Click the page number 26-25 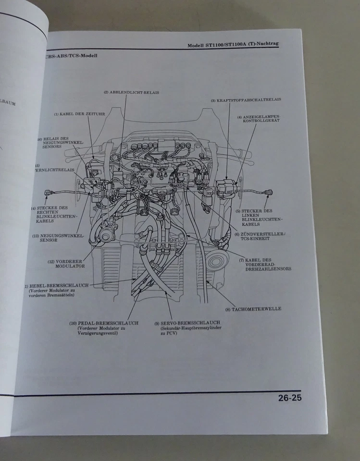(x=289, y=398)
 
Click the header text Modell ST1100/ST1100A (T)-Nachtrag (x=233, y=44)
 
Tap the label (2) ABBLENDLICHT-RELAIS (x=131, y=92)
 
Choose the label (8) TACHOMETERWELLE (x=256, y=308)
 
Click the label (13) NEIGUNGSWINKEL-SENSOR (x=58, y=238)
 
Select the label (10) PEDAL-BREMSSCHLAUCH (x=104, y=323)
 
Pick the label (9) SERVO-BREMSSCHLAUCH (x=187, y=323)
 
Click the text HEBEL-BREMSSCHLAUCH (x=59, y=285)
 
